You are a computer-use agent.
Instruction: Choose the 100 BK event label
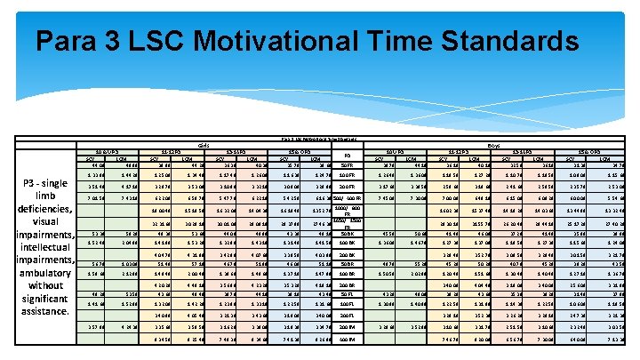coord(347,243)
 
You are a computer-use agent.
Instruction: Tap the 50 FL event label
coord(347,294)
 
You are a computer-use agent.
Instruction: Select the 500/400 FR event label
coord(347,197)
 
